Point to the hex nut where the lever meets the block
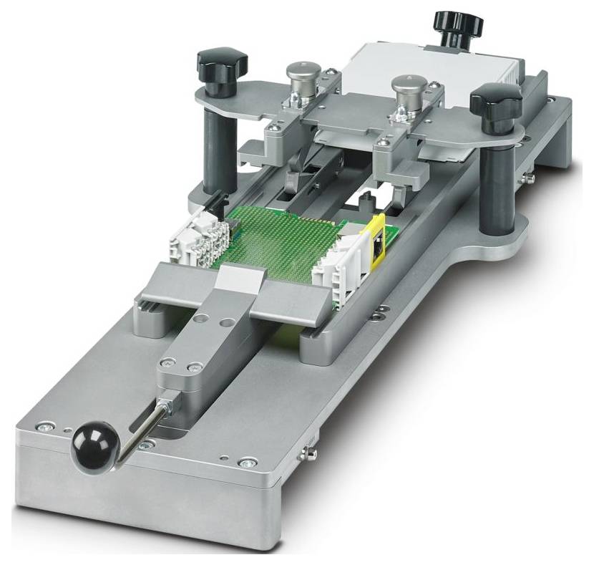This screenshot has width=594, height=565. [166, 407]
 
